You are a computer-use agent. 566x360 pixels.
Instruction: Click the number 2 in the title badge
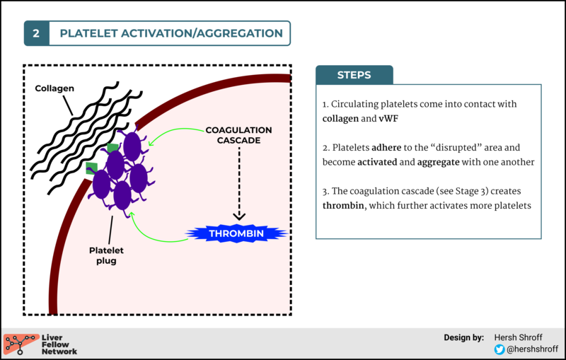click(36, 33)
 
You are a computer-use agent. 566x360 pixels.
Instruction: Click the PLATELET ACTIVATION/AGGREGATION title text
click(171, 33)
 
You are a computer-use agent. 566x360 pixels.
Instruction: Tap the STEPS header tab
click(354, 75)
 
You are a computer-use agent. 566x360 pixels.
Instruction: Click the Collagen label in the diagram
click(55, 89)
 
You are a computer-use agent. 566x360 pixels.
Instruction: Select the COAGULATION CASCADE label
click(238, 135)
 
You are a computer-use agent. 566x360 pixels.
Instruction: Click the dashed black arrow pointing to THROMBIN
click(238, 184)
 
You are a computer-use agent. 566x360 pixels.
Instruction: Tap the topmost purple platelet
click(132, 146)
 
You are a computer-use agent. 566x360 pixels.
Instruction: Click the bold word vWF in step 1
click(388, 118)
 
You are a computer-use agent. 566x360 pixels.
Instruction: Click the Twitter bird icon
click(499, 349)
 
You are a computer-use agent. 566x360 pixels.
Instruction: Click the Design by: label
click(463, 337)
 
